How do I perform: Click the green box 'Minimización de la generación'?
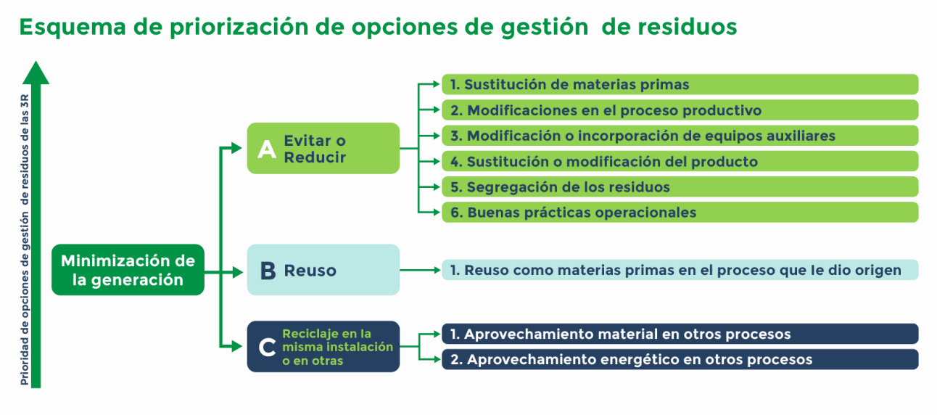point(128,270)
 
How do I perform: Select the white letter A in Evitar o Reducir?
point(266,149)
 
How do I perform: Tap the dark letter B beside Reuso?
point(268,271)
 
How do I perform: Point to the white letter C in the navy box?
point(267,347)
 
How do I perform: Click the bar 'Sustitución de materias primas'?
point(680,84)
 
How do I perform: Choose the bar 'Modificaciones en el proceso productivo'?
point(680,110)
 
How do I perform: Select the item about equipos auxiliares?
point(680,136)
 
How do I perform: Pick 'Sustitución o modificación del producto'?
point(680,162)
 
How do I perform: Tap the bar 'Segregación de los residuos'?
point(680,187)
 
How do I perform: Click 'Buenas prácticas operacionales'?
point(680,213)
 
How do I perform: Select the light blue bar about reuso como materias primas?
point(680,270)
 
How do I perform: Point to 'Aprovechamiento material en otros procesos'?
point(680,334)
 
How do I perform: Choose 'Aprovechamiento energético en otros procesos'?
point(680,359)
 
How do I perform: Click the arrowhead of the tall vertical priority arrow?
point(36,73)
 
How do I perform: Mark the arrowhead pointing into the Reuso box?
point(238,272)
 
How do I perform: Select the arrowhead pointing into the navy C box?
point(236,346)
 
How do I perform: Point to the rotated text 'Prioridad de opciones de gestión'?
point(25,298)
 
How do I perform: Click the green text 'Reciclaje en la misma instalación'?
point(337,340)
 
